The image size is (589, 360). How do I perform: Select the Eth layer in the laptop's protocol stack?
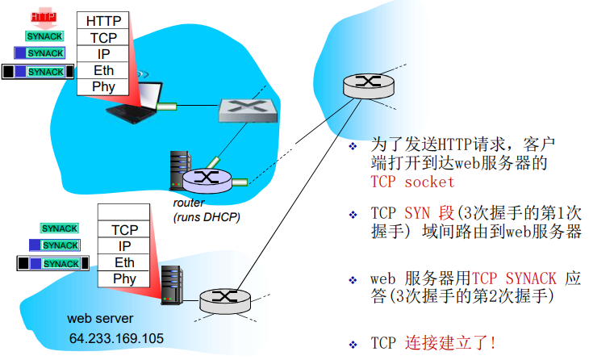tap(103, 71)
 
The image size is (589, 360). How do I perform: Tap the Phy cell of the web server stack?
tap(124, 279)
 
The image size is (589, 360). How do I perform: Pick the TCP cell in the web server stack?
tap(124, 229)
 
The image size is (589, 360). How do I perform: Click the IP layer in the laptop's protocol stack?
tap(103, 54)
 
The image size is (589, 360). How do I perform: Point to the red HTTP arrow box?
tap(44, 17)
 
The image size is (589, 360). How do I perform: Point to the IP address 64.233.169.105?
tap(116, 338)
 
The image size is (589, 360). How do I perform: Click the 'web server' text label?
tap(100, 319)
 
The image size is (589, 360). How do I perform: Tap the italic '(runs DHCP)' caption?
tap(207, 217)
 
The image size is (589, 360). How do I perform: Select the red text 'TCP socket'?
tap(412, 182)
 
